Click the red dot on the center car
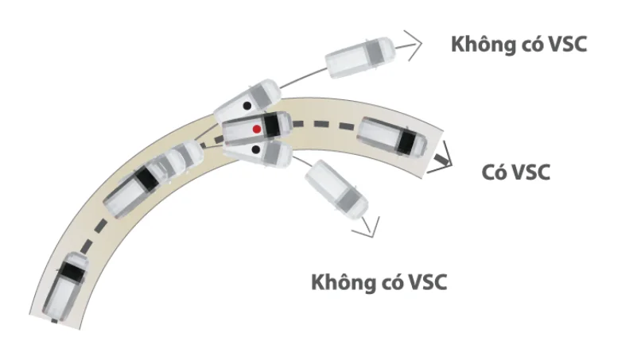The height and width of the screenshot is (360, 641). (257, 129)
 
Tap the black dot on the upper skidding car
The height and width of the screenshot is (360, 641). (247, 106)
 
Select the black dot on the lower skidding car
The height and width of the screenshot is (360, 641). (255, 149)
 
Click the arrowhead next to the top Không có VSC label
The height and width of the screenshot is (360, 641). (413, 45)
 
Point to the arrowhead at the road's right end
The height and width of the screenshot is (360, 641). (444, 159)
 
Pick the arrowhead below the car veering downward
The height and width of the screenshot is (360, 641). (367, 228)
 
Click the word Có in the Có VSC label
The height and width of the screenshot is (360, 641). (492, 172)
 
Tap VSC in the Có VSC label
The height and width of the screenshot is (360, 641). (530, 172)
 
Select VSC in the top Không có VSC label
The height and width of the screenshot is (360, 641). (567, 45)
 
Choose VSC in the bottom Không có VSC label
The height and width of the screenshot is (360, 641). (427, 282)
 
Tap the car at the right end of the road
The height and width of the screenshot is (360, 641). (392, 137)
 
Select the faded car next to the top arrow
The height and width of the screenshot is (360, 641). (360, 58)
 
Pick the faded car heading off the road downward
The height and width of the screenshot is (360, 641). (336, 189)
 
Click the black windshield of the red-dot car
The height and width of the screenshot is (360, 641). (271, 126)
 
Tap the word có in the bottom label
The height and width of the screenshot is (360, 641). (390, 282)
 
